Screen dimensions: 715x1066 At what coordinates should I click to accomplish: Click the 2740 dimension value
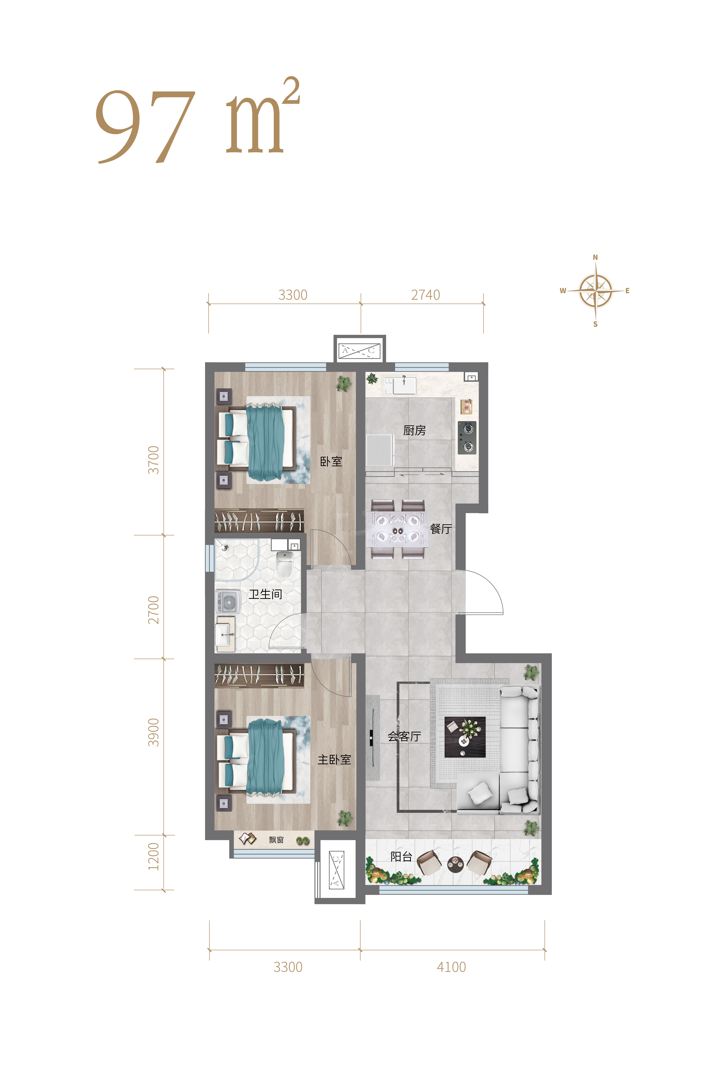pos(425,295)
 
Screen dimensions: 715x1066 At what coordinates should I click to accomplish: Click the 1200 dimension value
pos(154,856)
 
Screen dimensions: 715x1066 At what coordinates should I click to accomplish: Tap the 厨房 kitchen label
pos(415,430)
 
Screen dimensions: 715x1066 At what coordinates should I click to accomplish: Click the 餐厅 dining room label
pos(441,529)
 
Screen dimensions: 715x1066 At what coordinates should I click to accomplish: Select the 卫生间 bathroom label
pos(265,594)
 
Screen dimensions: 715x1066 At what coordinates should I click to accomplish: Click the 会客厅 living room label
pos(404,736)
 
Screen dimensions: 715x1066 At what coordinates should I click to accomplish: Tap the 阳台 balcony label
pos(401,856)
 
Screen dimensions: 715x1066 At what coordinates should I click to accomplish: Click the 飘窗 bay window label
pos(276,840)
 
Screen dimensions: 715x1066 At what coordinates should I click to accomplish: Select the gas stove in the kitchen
pos(467,438)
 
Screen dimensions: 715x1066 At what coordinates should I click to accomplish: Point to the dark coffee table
pos(465,737)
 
